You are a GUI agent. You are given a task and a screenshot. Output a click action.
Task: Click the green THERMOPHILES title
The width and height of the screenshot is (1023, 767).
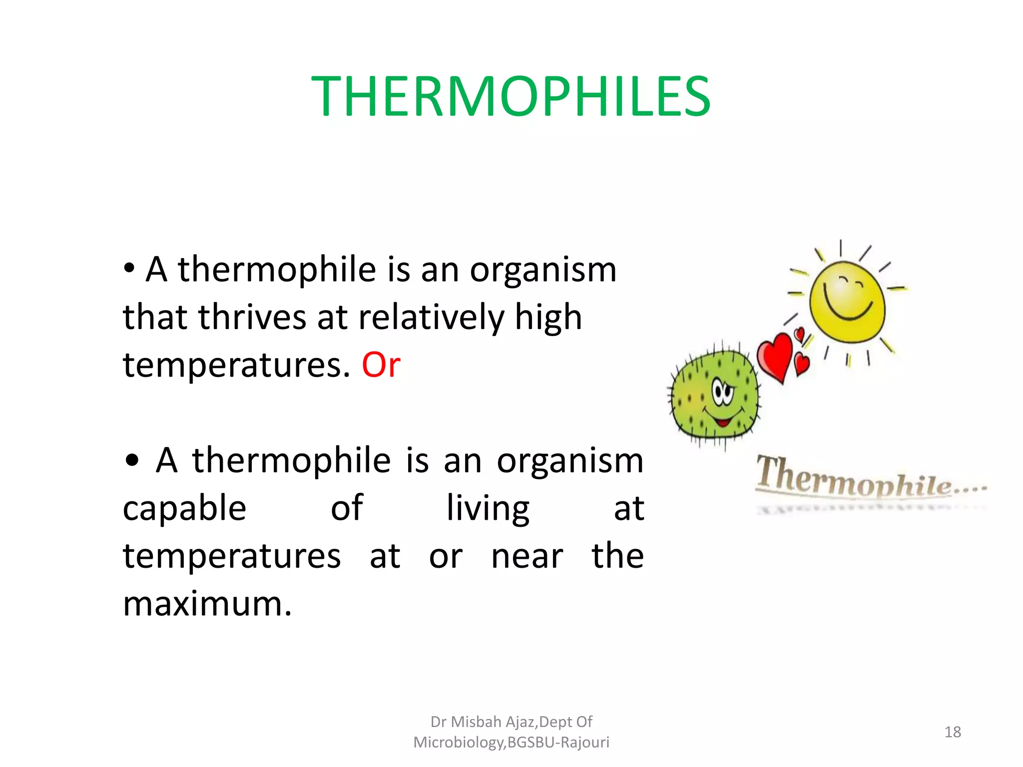click(x=511, y=96)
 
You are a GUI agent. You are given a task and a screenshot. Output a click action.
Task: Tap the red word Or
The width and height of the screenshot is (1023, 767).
click(x=381, y=365)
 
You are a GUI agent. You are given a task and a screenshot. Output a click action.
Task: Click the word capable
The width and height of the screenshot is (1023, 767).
click(x=184, y=509)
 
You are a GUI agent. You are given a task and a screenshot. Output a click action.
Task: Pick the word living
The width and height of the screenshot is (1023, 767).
click(x=488, y=509)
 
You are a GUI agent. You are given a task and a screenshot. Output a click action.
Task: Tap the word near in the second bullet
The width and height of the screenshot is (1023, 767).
click(x=527, y=556)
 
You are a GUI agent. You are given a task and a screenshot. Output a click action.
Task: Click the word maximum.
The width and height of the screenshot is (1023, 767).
click(x=206, y=604)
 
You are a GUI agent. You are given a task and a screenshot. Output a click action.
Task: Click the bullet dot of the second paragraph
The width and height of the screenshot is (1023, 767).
click(x=132, y=461)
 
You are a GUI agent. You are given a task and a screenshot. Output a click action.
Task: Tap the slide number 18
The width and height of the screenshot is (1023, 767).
click(x=953, y=732)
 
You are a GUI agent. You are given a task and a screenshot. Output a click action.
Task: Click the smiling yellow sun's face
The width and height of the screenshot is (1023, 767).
click(x=847, y=302)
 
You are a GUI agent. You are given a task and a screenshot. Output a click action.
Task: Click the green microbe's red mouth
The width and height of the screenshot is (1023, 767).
click(x=722, y=422)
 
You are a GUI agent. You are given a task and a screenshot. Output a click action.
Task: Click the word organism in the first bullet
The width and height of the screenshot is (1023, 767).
click(x=543, y=270)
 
